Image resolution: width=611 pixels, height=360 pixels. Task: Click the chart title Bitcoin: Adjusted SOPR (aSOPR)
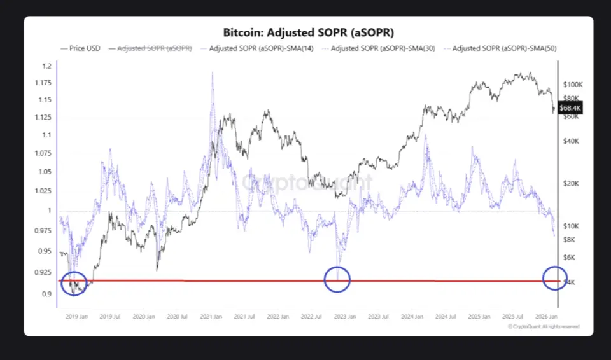tap(308, 32)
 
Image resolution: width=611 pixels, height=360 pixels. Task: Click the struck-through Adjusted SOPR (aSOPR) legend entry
tap(155, 48)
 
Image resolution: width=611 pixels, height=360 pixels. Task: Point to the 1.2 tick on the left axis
tap(47, 66)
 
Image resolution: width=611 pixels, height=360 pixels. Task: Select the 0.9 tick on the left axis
tap(47, 294)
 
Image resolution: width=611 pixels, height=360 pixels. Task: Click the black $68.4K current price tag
tap(570, 108)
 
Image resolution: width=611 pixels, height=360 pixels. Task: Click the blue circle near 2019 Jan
tap(74, 284)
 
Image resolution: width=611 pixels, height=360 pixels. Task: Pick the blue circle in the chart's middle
tap(337, 279)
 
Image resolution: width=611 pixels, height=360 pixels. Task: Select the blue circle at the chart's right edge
tap(555, 278)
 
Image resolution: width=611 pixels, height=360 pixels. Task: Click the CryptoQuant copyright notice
tap(544, 326)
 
